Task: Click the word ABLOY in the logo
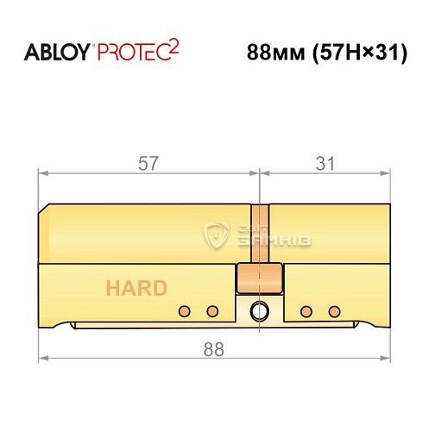point(54,53)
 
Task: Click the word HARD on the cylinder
point(136,288)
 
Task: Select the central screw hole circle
point(258,311)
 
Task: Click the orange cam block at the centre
point(259,278)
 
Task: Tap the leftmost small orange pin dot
point(183,311)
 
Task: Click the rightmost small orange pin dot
point(332,311)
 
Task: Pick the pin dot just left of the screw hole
point(211,311)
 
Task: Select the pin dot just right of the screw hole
point(305,311)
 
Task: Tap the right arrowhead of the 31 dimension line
point(385,173)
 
